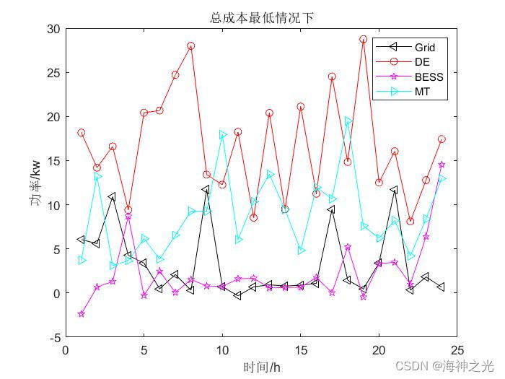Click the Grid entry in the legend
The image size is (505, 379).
coord(424,48)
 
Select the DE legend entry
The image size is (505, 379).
coord(422,62)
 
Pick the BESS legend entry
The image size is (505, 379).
coord(429,77)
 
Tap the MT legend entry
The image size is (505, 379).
coord(421,92)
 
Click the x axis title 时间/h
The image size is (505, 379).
coord(261,367)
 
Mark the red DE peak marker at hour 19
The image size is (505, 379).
coord(364,40)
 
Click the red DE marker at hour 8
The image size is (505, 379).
coord(191,45)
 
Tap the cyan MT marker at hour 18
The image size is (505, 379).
coord(348,121)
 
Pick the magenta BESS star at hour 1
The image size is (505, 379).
coord(82,314)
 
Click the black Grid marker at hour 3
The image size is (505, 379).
coord(113,196)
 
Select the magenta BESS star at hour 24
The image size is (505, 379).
coord(442,165)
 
